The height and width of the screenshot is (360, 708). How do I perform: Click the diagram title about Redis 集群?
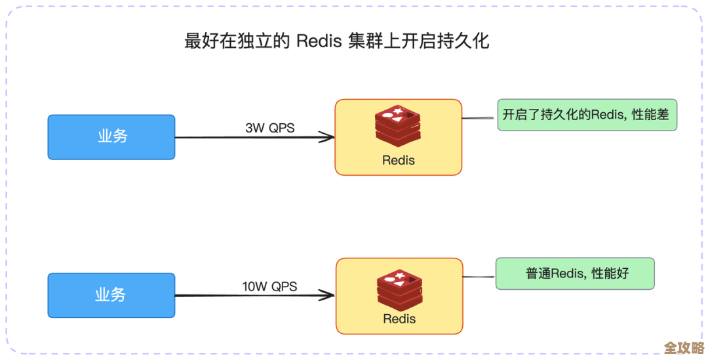pos(336,41)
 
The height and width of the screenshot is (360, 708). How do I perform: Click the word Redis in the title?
pos(319,41)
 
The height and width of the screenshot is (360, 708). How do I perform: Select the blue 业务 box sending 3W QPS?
pos(111,137)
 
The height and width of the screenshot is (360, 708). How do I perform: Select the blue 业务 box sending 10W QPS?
pos(111,295)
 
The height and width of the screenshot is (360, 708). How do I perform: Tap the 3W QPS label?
pos(270,128)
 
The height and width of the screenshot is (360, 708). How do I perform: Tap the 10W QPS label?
pos(269,287)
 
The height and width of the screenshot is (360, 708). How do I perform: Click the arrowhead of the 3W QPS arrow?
pos(327,137)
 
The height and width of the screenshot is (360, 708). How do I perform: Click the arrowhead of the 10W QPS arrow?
pos(327,296)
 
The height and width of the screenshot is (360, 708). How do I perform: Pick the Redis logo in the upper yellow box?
pos(398,126)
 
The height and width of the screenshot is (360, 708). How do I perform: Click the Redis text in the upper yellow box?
pos(399,160)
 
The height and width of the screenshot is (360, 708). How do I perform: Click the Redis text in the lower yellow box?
pos(399,319)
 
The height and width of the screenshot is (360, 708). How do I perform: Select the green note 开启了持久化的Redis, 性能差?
pos(587,115)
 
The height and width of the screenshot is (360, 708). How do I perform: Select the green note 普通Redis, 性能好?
pos(575,273)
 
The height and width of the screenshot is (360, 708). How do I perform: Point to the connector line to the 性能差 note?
pos(479,119)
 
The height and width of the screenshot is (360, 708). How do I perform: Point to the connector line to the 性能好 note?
pos(479,277)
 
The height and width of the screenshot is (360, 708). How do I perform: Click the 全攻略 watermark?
pos(684,348)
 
